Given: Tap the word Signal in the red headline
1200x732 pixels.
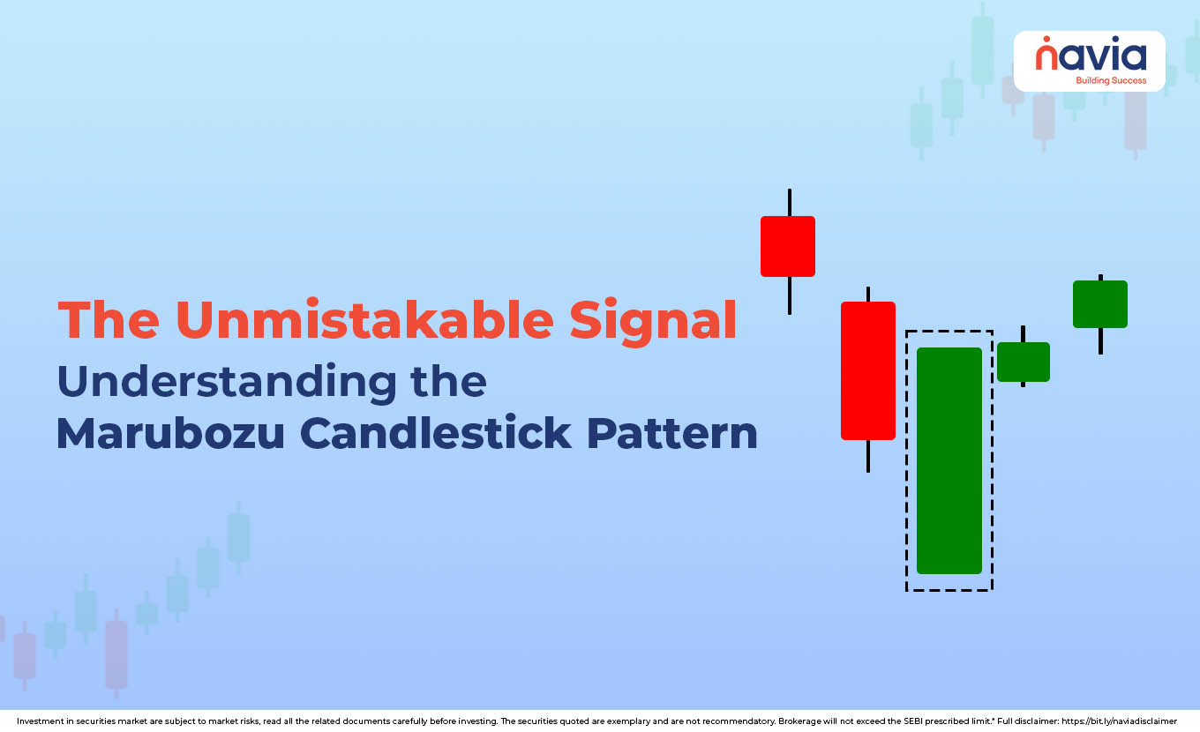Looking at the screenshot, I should click(x=652, y=320).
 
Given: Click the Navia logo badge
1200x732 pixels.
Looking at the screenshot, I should click(x=1089, y=61).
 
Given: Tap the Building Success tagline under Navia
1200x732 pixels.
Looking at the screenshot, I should click(x=1110, y=80).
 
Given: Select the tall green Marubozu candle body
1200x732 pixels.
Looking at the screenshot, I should click(x=949, y=460).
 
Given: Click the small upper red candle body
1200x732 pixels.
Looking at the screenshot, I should click(x=788, y=246).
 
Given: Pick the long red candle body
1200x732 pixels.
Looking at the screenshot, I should click(x=868, y=370).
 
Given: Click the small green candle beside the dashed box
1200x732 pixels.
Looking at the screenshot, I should click(x=1024, y=362).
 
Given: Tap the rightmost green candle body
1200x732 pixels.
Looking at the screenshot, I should click(x=1100, y=304).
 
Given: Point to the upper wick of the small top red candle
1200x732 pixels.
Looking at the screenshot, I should click(x=789, y=203).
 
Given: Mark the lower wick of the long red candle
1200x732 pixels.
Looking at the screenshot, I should click(x=868, y=455).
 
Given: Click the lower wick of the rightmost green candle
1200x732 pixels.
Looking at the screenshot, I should click(x=1100, y=340).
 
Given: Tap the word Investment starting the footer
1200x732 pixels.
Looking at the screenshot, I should click(x=40, y=721).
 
